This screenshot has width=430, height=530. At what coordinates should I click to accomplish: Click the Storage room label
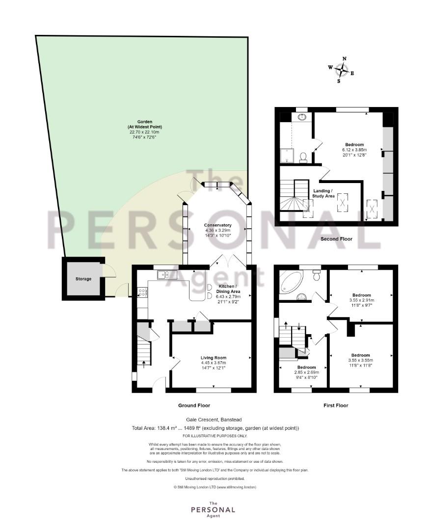click(83, 279)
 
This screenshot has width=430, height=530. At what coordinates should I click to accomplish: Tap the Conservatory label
click(218, 225)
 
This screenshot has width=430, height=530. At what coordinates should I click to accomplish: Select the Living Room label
click(214, 358)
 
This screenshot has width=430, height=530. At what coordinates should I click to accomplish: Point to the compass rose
click(342, 70)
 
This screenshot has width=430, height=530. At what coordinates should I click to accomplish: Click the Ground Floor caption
click(194, 405)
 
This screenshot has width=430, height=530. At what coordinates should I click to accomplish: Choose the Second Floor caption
click(336, 238)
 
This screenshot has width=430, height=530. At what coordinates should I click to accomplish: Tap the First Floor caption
click(336, 405)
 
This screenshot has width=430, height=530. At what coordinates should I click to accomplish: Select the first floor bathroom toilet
click(317, 275)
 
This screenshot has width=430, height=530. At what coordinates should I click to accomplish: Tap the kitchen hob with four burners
click(142, 292)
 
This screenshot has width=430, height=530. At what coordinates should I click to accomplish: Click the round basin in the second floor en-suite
click(302, 117)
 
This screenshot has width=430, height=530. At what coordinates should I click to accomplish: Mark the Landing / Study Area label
click(323, 193)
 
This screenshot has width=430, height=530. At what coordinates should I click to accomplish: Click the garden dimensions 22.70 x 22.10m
click(144, 132)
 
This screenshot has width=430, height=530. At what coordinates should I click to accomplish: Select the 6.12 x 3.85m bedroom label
click(354, 150)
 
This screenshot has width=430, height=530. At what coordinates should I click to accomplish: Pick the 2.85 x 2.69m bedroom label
click(307, 372)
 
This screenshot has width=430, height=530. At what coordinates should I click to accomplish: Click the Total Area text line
click(215, 428)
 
